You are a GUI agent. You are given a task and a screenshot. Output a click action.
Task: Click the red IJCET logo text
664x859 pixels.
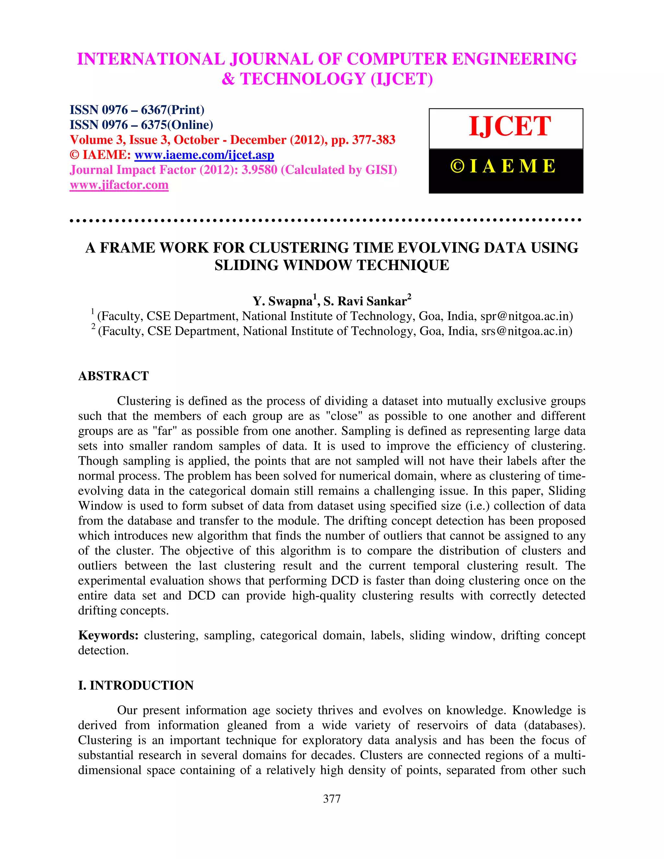509,127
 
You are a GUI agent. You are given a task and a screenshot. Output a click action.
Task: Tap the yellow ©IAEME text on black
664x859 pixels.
503,166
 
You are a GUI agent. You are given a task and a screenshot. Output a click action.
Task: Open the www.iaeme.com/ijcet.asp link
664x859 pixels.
204,155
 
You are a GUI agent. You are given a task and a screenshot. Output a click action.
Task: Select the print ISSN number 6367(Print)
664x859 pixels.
172,110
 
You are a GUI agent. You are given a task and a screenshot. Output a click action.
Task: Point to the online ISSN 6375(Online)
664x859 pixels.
177,125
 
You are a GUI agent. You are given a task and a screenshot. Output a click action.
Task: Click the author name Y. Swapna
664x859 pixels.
282,301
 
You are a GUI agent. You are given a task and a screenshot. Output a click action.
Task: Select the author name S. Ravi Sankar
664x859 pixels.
365,301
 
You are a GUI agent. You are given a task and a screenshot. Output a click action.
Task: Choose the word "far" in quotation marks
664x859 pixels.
164,431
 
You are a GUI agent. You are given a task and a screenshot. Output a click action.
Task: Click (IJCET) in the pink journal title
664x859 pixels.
402,79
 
